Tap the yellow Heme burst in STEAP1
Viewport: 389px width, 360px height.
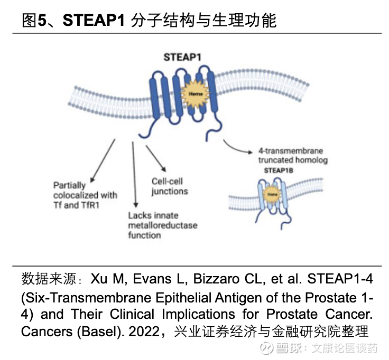[193, 93]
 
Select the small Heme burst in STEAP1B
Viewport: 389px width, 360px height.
[272, 194]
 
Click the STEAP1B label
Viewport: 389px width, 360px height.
[279, 170]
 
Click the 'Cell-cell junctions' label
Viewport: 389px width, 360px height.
[170, 186]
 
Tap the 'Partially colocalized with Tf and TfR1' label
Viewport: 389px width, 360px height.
[85, 195]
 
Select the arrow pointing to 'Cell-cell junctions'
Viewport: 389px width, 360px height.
[156, 157]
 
